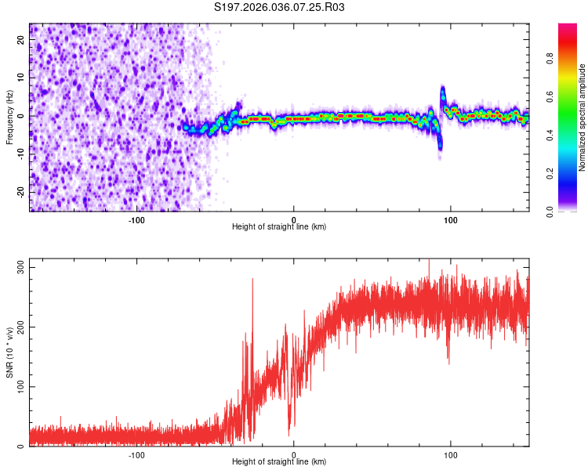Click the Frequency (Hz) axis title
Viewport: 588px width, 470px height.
[9, 117]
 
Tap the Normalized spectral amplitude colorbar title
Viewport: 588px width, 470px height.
[583, 117]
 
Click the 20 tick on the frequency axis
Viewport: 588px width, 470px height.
[21, 41]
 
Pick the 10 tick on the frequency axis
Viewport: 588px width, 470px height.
[21, 78]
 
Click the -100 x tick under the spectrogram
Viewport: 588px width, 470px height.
[137, 219]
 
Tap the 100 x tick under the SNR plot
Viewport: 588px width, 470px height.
[451, 454]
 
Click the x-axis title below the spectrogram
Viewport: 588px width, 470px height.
[279, 227]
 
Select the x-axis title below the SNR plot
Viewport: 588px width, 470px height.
[279, 462]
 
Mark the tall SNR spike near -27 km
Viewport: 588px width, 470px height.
[252, 280]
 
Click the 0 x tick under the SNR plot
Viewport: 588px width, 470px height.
[294, 454]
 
